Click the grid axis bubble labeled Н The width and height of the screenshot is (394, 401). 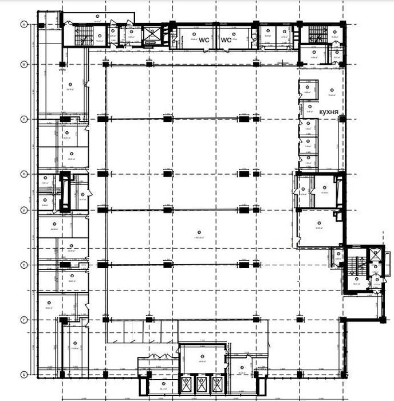[23, 24]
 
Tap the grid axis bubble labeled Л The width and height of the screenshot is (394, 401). [23, 119]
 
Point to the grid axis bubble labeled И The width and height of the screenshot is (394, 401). [23, 210]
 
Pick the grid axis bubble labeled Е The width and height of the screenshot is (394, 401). [23, 265]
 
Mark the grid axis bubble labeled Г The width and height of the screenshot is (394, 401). [23, 319]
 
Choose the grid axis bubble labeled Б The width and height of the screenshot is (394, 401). [23, 375]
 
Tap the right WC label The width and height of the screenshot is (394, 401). [226, 41]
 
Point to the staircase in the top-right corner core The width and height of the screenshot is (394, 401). [314, 36]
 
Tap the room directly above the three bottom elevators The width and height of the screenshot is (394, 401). [201, 360]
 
